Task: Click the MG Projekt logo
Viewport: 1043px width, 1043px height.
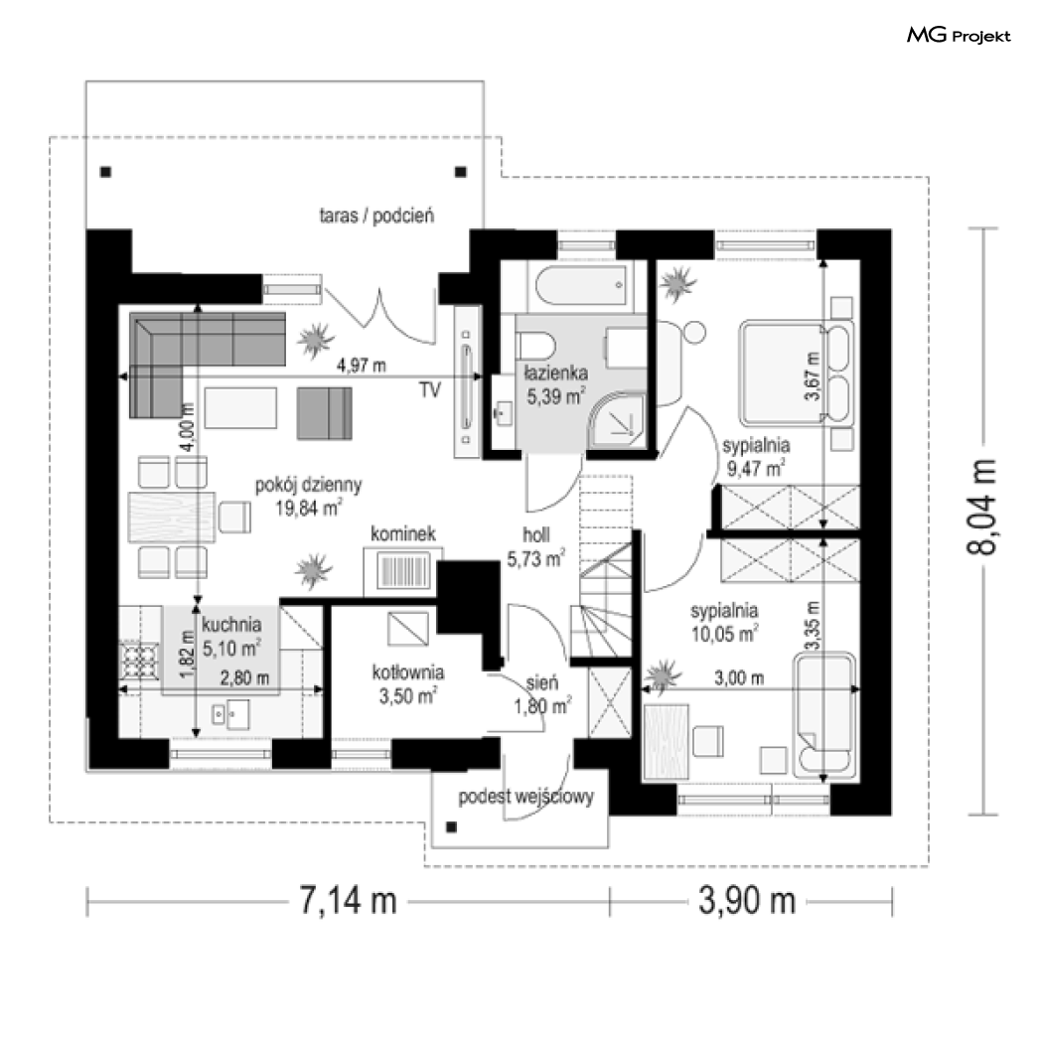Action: (x=959, y=35)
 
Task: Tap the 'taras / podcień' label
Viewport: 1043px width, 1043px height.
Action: (x=376, y=216)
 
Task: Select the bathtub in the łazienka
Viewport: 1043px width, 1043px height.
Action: (x=581, y=285)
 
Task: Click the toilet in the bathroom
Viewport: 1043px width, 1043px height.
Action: (x=536, y=347)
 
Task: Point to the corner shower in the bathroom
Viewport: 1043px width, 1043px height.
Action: (x=618, y=419)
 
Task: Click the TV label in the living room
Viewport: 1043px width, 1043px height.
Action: (x=430, y=389)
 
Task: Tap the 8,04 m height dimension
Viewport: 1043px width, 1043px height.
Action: (x=981, y=507)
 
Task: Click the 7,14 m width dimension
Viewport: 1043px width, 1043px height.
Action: (x=348, y=901)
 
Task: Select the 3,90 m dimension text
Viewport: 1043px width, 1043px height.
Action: (x=747, y=901)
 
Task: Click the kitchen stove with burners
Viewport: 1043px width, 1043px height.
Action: (x=140, y=660)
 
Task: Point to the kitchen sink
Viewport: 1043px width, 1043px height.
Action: (x=230, y=714)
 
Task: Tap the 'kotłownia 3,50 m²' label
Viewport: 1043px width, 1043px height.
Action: (x=407, y=683)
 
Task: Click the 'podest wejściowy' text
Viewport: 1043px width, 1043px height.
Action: (x=525, y=797)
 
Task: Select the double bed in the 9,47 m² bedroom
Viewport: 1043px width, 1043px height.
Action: (x=797, y=373)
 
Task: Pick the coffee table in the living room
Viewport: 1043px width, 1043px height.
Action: (x=240, y=408)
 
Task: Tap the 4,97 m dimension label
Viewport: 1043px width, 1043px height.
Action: (x=361, y=366)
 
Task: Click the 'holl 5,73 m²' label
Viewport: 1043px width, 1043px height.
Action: (x=536, y=547)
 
